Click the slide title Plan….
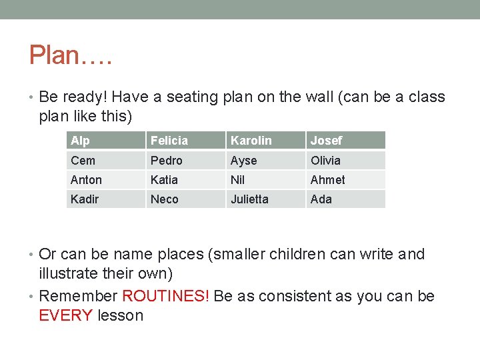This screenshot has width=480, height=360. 71,55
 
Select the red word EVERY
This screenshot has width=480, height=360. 66,315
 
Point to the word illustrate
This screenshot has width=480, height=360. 71,274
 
